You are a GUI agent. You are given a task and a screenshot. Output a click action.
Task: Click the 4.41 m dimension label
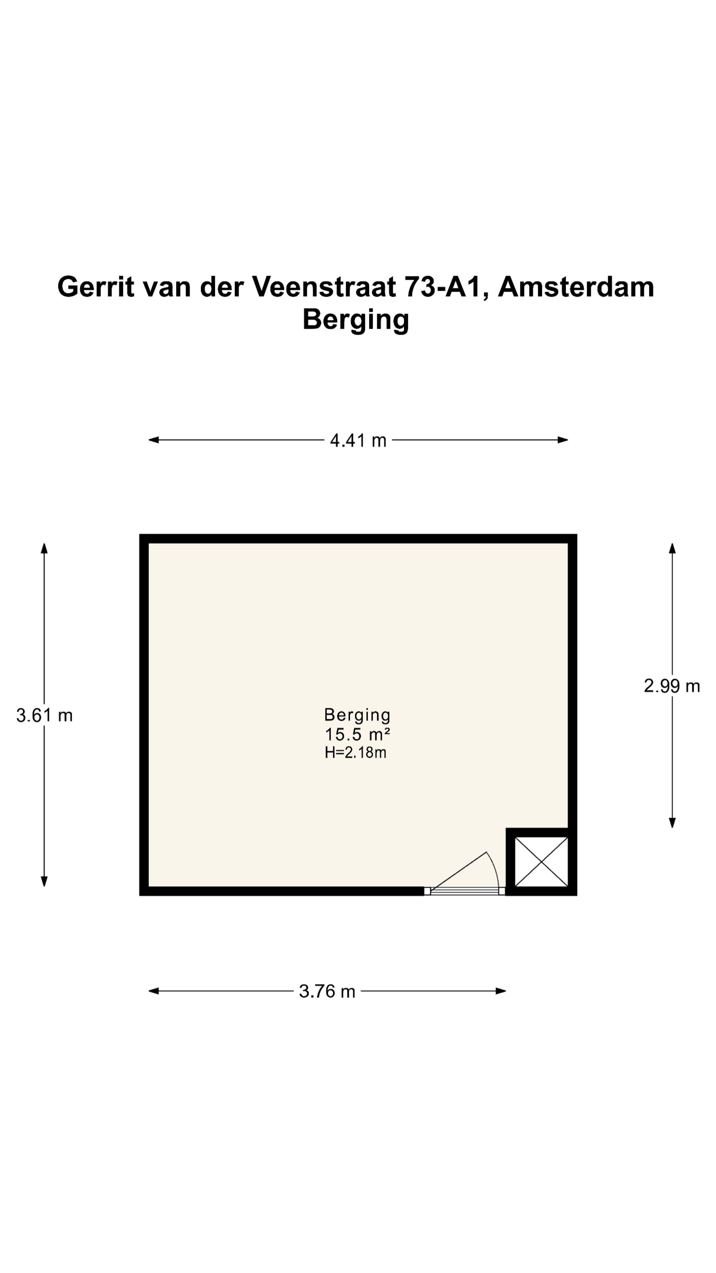[x=358, y=440]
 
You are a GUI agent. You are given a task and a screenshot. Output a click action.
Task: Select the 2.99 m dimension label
[x=672, y=686]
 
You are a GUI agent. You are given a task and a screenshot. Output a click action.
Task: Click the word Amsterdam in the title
[x=576, y=287]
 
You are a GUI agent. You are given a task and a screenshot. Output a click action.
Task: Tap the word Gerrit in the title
[x=96, y=287]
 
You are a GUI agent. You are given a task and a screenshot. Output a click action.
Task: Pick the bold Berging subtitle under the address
[x=356, y=319]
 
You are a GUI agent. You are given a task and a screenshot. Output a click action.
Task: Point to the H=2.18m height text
[x=355, y=753]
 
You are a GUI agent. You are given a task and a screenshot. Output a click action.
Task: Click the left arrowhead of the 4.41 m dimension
[x=153, y=440]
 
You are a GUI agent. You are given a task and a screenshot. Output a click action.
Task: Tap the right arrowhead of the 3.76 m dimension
[x=501, y=991]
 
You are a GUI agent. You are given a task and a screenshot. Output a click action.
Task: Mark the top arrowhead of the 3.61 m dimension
[x=44, y=548]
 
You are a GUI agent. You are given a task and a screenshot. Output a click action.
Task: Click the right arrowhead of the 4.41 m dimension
[x=563, y=440]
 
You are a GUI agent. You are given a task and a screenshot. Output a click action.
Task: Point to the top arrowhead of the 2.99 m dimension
[x=672, y=548]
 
